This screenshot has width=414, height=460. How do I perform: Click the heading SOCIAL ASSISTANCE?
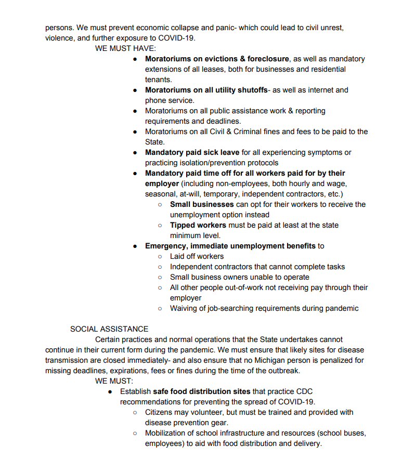point(109,329)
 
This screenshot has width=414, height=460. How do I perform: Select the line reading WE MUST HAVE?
point(122,48)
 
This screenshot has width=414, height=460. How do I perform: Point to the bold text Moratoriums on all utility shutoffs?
point(206,90)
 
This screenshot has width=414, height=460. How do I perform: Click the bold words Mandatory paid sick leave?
point(192,152)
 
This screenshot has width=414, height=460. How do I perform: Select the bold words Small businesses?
point(202,204)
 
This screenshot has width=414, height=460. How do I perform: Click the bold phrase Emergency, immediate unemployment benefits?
point(230,246)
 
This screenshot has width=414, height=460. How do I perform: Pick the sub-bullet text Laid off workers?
point(197,256)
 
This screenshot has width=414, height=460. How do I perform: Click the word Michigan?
point(251,360)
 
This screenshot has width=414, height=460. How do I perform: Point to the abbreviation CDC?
point(304,391)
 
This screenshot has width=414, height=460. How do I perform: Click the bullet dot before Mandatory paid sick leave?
point(135,152)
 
